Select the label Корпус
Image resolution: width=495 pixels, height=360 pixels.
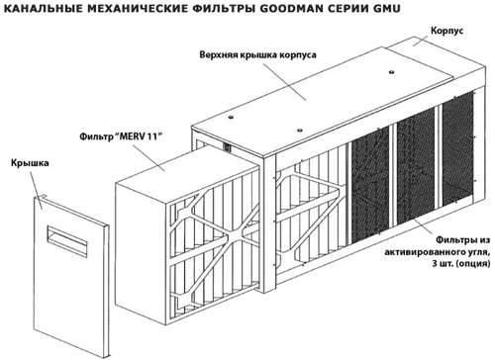tap(446, 31)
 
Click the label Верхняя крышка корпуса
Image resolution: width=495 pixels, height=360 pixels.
tap(257, 54)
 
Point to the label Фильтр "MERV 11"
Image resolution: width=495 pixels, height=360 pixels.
tap(119, 135)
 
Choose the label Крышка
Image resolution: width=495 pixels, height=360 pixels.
tap(30, 163)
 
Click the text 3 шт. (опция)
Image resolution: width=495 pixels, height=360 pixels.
tap(461, 264)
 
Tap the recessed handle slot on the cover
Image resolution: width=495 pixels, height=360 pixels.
tap(67, 240)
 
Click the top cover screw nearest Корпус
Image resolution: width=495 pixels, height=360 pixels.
tap(391, 71)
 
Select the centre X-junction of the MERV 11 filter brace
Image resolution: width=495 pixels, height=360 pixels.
tap(234, 236)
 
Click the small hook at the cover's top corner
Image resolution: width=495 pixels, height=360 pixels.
tap(42, 196)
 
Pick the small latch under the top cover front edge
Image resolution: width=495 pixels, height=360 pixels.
tap(227, 147)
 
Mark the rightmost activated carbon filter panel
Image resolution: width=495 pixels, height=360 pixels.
tap(458, 146)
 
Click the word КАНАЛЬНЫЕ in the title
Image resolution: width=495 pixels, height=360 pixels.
tap(43, 8)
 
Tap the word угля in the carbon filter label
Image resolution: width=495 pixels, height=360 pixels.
tap(478, 252)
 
